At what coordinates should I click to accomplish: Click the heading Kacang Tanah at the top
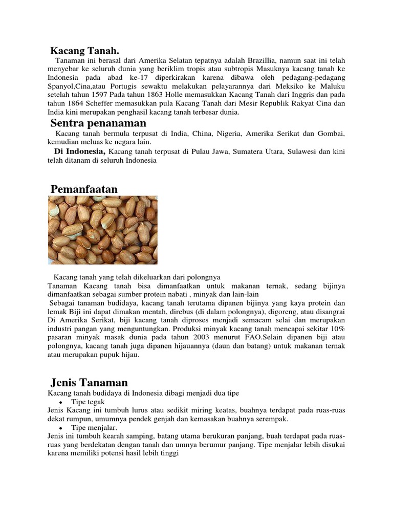click(x=84, y=51)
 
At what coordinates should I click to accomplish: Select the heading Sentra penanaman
click(x=98, y=123)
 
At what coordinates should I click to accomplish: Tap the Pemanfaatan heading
click(x=84, y=189)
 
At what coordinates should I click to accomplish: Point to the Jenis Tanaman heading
click(x=89, y=382)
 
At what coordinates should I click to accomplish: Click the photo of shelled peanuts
click(x=102, y=230)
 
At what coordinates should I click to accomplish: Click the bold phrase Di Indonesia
click(x=79, y=151)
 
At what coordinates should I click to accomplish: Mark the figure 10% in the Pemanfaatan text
click(x=336, y=328)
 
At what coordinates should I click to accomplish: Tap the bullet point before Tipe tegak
click(x=61, y=402)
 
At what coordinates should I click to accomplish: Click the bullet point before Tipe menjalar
click(x=61, y=427)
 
